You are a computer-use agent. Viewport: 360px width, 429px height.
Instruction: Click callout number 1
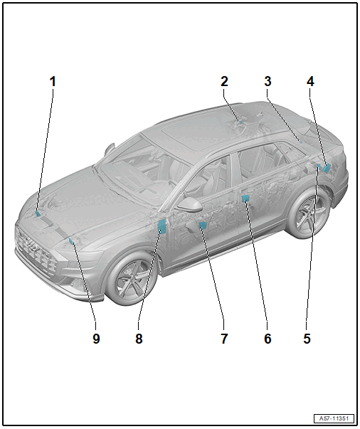[x=53, y=82]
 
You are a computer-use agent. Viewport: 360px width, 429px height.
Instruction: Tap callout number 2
[x=224, y=82]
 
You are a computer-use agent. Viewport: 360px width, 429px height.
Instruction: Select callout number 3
[x=268, y=82]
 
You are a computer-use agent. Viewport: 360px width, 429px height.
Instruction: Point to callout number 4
[x=310, y=82]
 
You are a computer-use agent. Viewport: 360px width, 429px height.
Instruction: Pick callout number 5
[x=307, y=339]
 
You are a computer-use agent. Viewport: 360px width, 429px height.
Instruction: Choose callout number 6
[x=268, y=339]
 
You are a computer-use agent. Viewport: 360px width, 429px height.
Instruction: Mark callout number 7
[x=224, y=339]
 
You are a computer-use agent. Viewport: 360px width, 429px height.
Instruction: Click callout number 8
[x=139, y=339]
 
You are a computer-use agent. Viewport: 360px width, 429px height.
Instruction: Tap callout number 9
[x=96, y=339]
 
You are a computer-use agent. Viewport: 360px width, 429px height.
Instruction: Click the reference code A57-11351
[x=334, y=418]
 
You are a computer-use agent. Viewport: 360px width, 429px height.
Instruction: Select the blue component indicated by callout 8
[x=162, y=227]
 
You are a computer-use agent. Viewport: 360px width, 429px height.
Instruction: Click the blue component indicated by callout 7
[x=203, y=225]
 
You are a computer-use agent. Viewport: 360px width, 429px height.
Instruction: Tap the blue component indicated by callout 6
[x=245, y=198]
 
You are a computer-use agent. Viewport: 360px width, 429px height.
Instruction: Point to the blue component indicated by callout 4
[x=327, y=167]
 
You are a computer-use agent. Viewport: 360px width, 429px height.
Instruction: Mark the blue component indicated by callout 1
[x=38, y=213]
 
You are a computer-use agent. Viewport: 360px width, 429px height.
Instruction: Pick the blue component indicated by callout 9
[x=71, y=240]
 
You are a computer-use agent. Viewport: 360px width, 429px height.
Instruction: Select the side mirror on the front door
[x=189, y=204]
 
